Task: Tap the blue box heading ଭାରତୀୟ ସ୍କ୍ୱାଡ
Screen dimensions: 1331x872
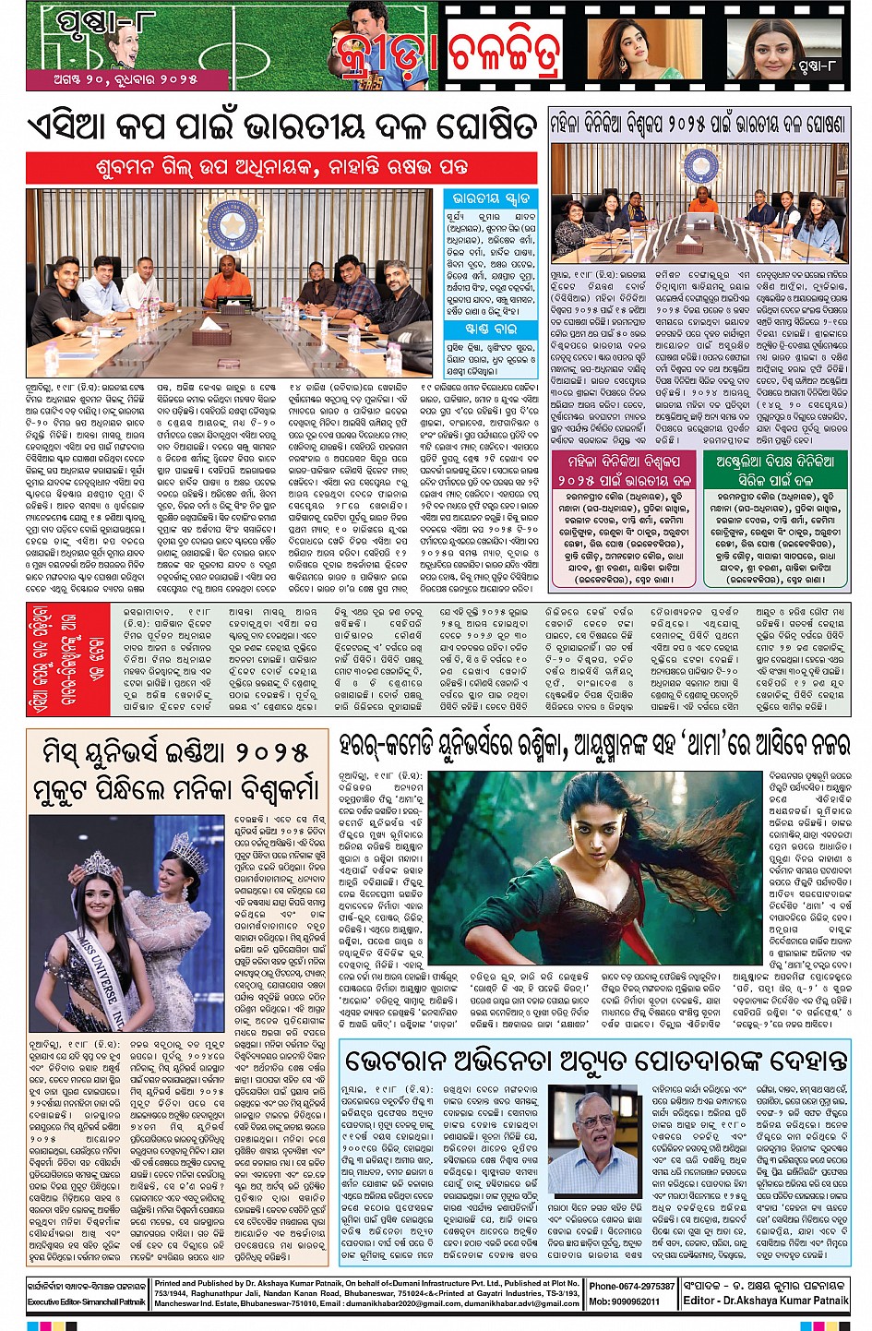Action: point(491,199)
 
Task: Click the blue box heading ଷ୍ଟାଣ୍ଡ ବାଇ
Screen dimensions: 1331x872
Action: point(491,329)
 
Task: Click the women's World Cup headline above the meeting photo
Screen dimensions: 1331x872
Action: point(699,124)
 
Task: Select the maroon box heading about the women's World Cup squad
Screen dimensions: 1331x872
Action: point(624,469)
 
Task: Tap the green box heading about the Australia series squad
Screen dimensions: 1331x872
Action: point(776,469)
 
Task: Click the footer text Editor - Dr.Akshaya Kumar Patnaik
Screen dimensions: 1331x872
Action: point(765,1301)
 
